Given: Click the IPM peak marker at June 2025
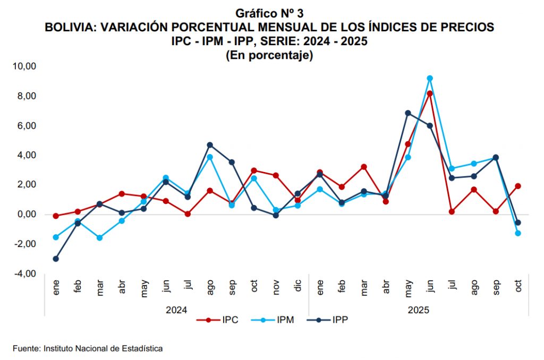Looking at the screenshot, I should [430, 78].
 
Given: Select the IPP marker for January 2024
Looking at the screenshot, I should [56, 259].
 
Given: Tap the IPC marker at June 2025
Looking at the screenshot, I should [430, 93].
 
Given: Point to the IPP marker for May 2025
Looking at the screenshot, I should [408, 113].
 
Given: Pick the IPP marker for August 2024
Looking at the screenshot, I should [210, 145].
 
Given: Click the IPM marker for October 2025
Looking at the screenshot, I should [518, 233].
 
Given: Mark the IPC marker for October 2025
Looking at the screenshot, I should [518, 186].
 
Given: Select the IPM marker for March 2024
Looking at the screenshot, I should [100, 237].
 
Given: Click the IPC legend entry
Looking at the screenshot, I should [218, 320].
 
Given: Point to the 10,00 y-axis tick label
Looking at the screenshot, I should [24, 66].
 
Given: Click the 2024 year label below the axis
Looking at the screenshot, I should [177, 308].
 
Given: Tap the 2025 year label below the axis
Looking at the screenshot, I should [419, 308].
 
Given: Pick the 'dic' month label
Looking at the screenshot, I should [298, 288].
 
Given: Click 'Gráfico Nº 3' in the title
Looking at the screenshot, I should [269, 13].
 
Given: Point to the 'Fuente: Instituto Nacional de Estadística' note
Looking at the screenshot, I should [88, 348].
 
